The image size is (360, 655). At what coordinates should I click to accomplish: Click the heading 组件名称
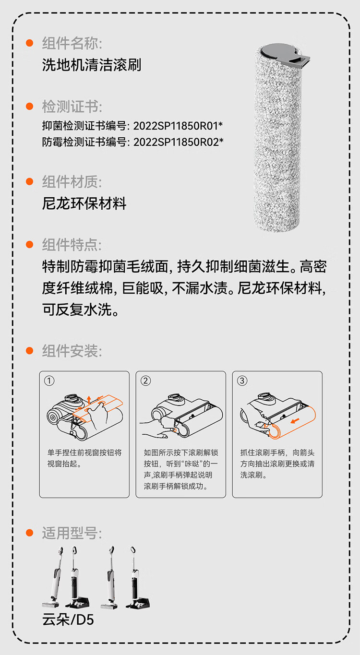point(72,43)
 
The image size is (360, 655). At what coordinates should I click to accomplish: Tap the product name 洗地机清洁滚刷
point(92,65)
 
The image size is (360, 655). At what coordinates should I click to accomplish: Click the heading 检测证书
point(72,107)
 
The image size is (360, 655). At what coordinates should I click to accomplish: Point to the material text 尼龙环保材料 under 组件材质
point(84,203)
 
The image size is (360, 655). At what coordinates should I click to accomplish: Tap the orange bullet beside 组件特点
point(30,244)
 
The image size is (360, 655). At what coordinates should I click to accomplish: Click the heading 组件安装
point(72,351)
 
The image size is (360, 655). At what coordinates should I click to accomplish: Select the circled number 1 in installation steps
point(49,381)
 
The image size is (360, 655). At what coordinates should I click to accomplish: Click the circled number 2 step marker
point(145,381)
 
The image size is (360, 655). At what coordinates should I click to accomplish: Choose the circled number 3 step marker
point(242,381)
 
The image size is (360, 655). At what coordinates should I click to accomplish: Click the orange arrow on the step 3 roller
point(295,420)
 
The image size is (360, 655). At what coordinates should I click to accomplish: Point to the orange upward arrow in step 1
point(89,399)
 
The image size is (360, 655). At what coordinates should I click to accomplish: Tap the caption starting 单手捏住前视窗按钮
point(84,458)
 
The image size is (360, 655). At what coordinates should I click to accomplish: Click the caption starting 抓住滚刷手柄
point(277,464)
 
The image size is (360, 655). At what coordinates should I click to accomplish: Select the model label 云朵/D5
point(68,619)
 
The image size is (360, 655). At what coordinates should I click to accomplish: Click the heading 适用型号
point(72,533)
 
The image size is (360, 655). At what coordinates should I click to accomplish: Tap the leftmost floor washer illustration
point(53,578)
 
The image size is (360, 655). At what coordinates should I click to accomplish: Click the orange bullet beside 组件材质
point(30,181)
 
